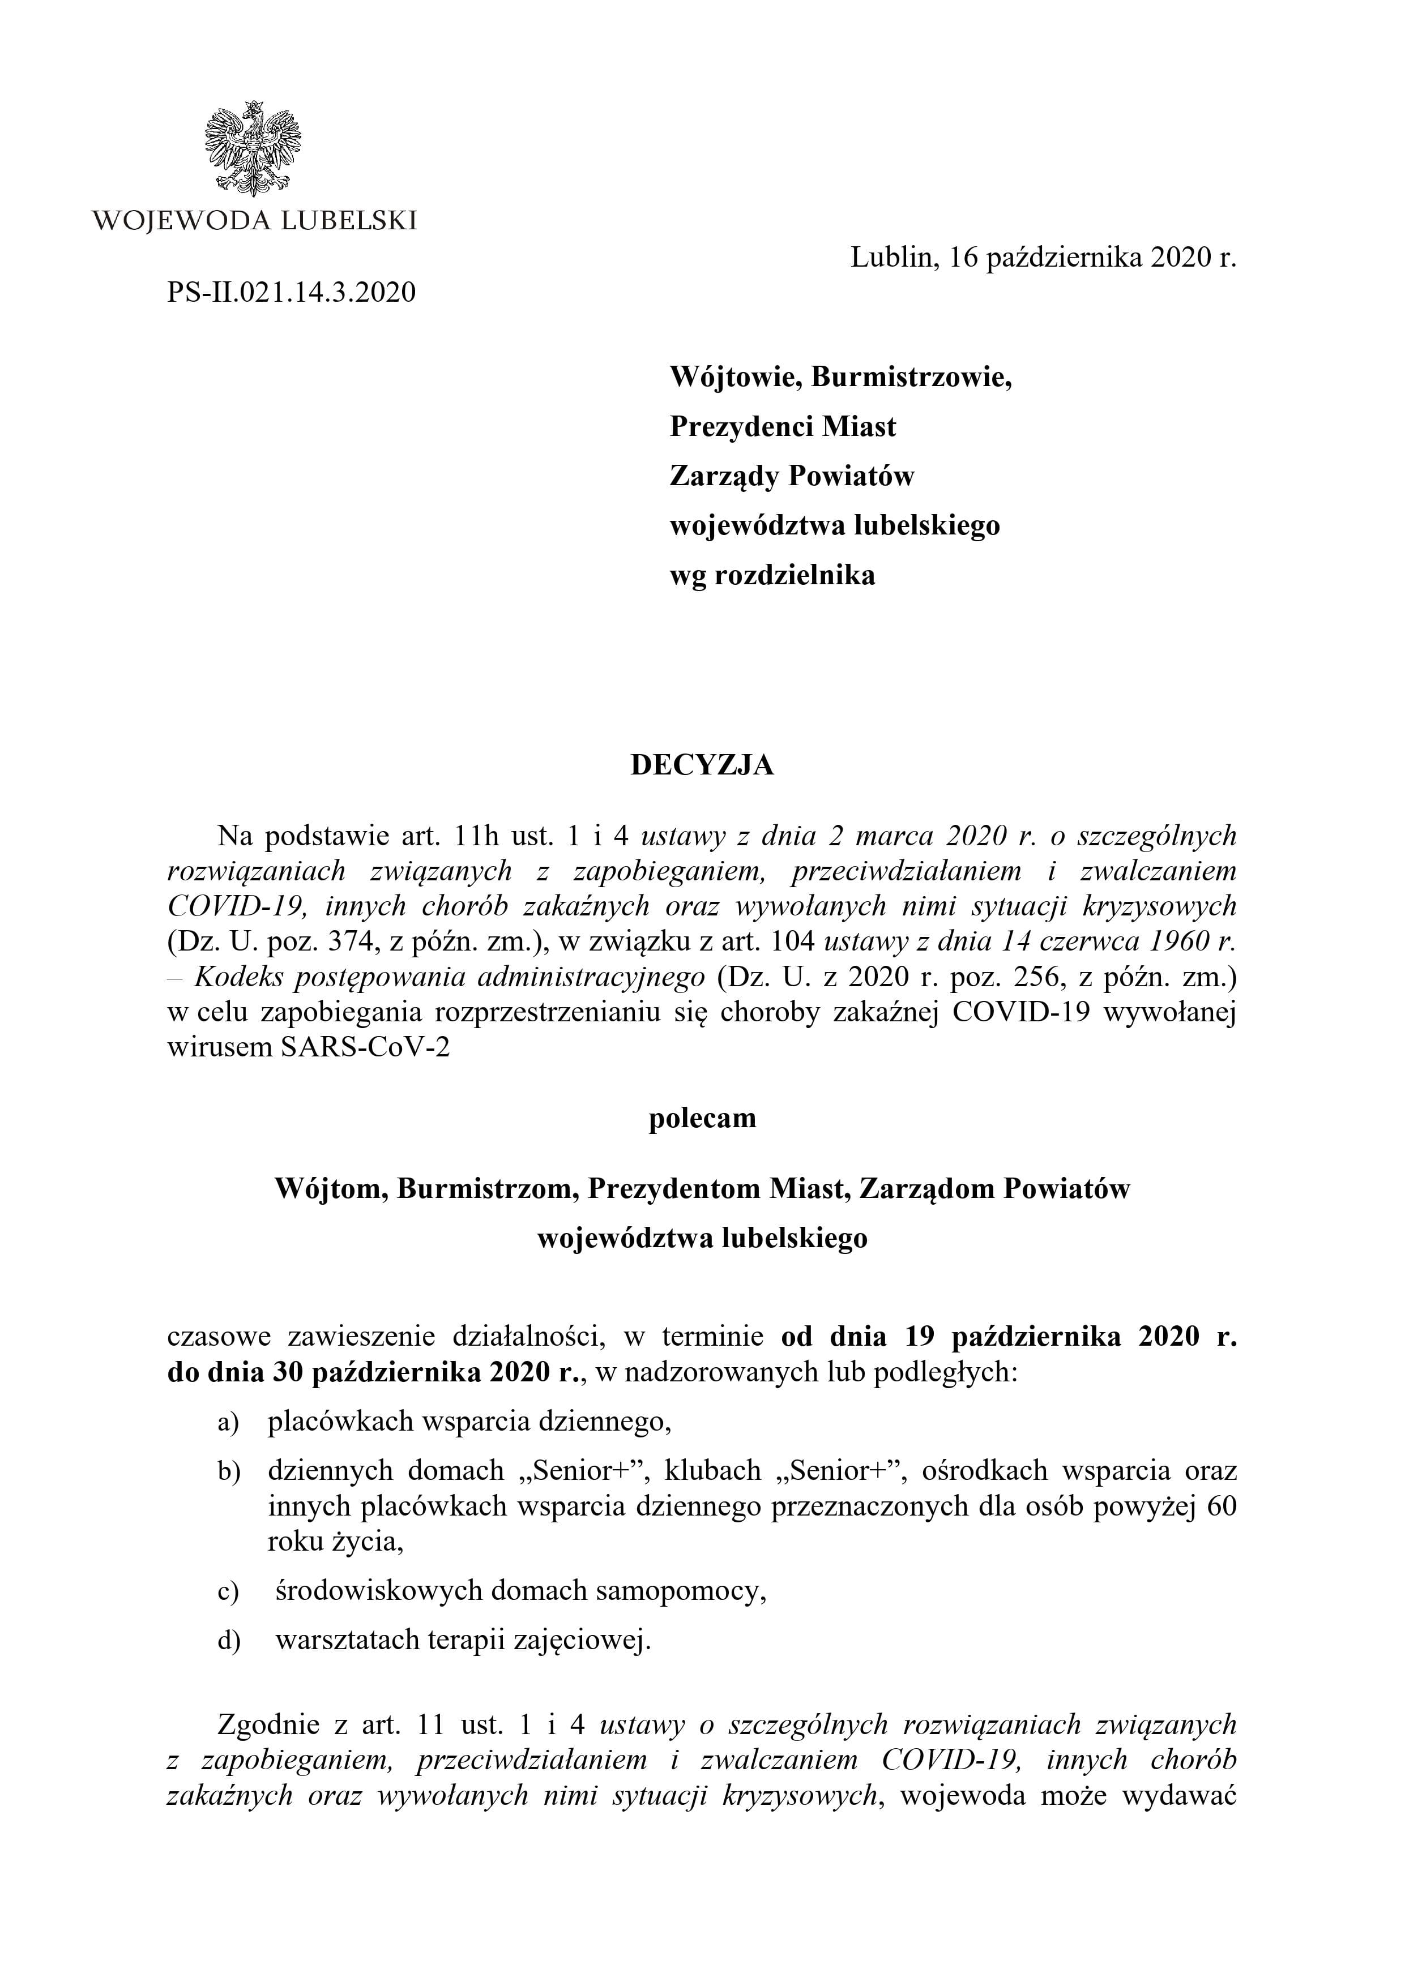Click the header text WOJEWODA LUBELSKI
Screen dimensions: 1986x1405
[254, 221]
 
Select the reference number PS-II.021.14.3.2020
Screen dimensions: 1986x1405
[292, 292]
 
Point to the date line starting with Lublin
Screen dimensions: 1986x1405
[1043, 258]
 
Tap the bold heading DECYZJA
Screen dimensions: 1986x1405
[702, 765]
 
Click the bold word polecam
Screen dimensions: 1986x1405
[702, 1119]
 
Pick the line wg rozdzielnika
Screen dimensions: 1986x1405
[772, 575]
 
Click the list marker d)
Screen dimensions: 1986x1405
[228, 1641]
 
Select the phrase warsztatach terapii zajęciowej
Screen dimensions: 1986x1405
[462, 1640]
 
